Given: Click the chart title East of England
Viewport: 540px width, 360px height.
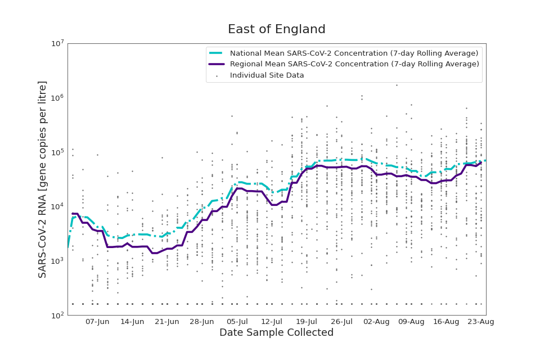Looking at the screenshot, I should pos(276,30).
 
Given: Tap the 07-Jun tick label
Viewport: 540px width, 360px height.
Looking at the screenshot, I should pos(97,322).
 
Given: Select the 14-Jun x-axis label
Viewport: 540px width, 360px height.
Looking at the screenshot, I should pos(132,322).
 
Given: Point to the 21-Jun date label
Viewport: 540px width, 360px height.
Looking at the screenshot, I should pos(167,322).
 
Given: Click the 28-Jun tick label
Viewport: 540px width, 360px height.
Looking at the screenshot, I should pos(202,322).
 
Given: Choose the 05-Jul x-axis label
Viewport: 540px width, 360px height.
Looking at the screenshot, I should pos(237,322).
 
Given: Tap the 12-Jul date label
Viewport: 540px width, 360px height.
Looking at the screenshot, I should pos(272,322).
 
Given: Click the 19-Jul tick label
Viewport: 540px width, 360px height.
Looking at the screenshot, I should pos(307,322).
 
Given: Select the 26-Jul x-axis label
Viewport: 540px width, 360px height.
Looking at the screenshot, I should pos(341,322).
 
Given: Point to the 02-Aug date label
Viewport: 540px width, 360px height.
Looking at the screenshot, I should pos(376,322).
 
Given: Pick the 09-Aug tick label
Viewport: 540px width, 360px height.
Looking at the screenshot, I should pos(411,322).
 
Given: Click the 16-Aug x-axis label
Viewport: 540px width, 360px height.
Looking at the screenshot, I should pos(446,322).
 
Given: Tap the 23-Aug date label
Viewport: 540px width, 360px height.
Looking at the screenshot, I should pos(481,322).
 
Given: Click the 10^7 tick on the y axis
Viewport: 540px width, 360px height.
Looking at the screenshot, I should pos(58,44).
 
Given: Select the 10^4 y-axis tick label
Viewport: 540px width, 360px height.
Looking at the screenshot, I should pos(58,206).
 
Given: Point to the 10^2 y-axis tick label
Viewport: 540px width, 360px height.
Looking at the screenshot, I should pos(58,315).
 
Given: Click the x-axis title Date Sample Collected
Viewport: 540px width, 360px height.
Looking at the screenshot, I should pos(276,333).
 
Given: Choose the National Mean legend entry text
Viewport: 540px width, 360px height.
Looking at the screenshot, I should pos(354,53).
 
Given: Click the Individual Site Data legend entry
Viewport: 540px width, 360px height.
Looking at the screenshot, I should pos(267,75).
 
